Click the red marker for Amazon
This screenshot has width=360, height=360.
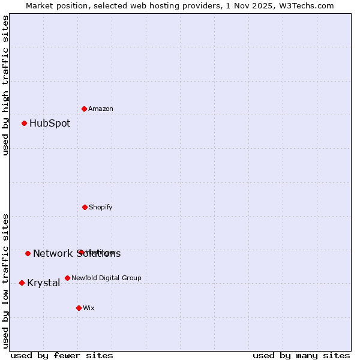click(85, 109)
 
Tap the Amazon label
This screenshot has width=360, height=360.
click(101, 109)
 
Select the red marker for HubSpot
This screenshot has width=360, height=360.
click(25, 124)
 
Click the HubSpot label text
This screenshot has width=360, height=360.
click(50, 124)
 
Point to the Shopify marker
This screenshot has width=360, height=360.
click(85, 207)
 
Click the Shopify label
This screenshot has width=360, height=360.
click(101, 208)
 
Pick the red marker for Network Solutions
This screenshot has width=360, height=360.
click(28, 253)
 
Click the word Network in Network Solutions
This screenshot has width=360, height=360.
click(53, 254)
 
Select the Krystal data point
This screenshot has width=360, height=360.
click(22, 283)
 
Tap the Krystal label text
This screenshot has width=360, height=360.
click(43, 283)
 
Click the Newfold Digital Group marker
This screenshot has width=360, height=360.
click(67, 278)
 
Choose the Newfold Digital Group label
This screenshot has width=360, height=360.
click(106, 278)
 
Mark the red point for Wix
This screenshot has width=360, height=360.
click(79, 308)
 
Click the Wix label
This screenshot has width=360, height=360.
click(89, 308)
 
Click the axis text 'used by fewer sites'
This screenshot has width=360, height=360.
click(62, 355)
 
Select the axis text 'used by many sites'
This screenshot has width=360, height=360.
click(301, 355)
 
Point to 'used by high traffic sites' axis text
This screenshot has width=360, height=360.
click(5, 85)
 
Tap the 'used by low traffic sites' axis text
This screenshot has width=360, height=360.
click(5, 281)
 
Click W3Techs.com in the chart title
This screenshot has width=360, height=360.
click(306, 5)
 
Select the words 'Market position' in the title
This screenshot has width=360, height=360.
click(53, 5)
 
